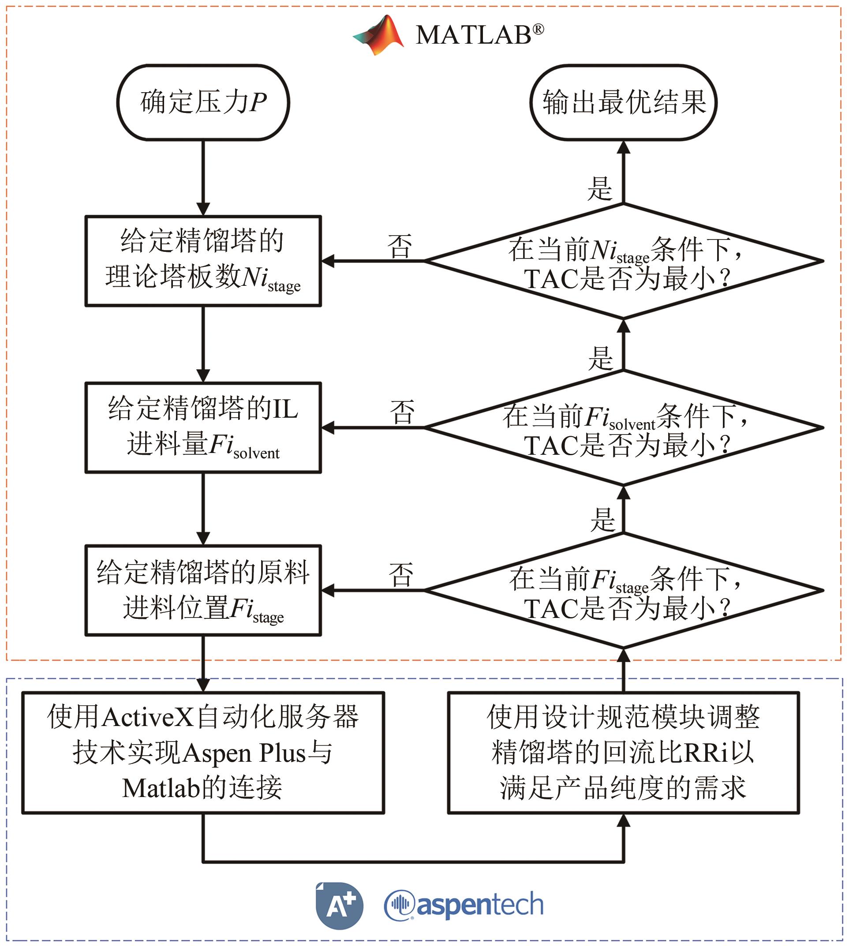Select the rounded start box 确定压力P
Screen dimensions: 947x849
(x=203, y=102)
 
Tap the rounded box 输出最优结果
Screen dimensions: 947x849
(x=623, y=102)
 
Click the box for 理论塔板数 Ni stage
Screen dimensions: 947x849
(x=203, y=261)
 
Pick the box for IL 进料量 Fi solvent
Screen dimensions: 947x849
(x=203, y=427)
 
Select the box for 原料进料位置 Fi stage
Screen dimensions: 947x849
(x=203, y=590)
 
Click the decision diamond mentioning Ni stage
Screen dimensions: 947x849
(x=623, y=261)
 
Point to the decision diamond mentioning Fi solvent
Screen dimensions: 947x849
(x=623, y=427)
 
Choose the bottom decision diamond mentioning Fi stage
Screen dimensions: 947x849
(x=623, y=590)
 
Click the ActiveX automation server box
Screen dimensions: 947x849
(x=203, y=752)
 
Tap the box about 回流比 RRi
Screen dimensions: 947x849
(x=623, y=752)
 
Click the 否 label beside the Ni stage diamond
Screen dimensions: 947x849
(x=400, y=246)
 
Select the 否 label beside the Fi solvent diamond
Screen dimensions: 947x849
(x=402, y=412)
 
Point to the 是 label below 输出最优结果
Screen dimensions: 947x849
(x=599, y=188)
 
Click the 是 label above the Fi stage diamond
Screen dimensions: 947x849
(x=602, y=520)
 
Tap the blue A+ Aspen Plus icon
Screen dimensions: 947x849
(x=339, y=906)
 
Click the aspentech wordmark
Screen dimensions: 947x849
(x=464, y=906)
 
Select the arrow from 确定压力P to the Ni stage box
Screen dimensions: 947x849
(x=203, y=177)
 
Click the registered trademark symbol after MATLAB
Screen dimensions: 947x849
(x=538, y=30)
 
